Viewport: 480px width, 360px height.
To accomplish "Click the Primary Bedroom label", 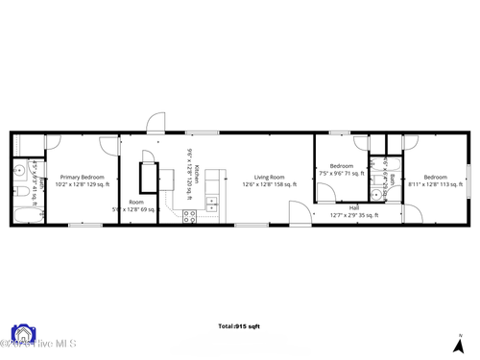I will pos(83,177).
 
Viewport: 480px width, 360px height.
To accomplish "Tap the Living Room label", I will pos(270,177).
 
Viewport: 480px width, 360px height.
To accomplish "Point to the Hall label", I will pos(354,207).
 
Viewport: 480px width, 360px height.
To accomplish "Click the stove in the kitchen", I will pos(188,216).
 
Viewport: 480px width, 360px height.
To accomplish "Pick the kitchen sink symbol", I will pos(213,203).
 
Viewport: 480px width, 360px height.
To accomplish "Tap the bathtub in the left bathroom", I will pos(22,210).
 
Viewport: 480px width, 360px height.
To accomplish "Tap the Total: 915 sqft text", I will pos(239,326).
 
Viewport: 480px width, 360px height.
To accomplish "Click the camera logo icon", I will pos(21,335).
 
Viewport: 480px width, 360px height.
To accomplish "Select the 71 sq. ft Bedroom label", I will pos(341,166).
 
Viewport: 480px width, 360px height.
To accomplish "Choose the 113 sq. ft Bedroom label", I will pos(436,177).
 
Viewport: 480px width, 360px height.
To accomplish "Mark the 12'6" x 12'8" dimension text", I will pos(270,183).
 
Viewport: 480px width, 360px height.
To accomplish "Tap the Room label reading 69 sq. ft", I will pos(136,203).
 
